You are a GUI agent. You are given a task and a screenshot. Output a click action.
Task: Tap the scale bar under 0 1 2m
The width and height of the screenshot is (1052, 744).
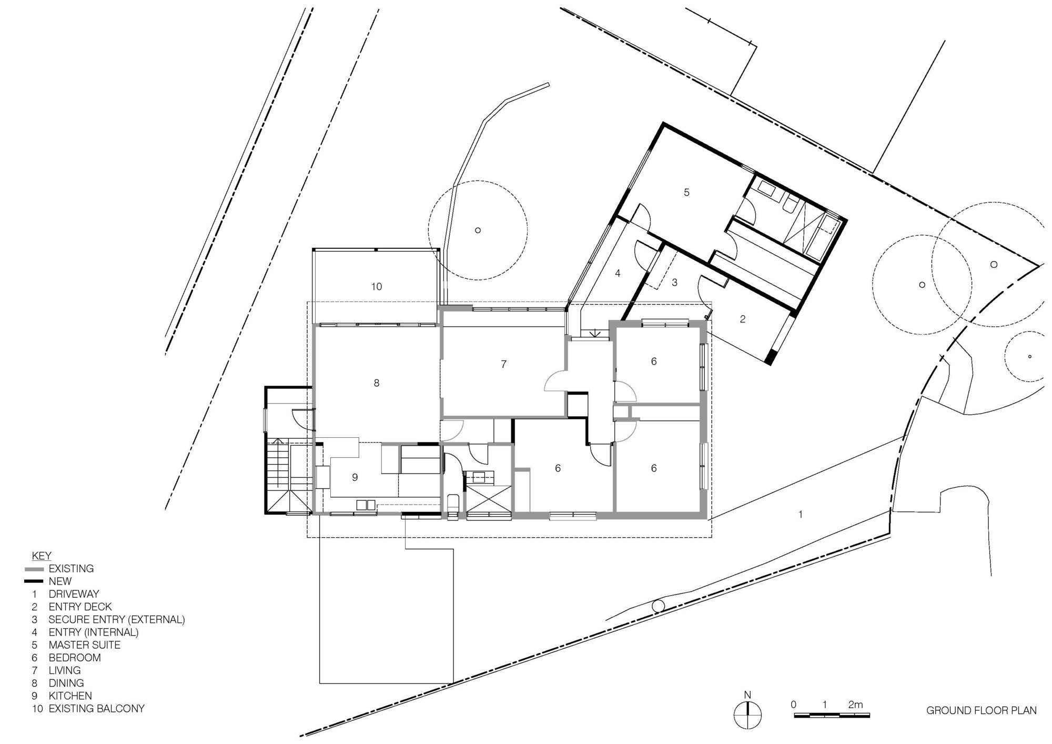[x=832, y=716]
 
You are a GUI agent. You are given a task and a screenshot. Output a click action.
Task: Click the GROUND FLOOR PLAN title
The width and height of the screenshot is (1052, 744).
[x=981, y=710]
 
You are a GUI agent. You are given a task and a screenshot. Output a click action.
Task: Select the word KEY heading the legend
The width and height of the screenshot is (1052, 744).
[x=42, y=556]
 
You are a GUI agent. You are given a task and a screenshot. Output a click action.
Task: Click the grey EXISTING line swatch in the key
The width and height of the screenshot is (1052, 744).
[x=34, y=569]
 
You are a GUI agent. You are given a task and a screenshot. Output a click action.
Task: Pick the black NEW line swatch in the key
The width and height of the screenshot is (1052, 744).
[x=34, y=581]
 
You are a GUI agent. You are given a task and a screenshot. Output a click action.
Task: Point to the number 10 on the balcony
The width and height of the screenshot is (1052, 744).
[x=377, y=287]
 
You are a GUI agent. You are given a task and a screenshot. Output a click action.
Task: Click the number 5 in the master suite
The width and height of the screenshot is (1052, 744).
[x=686, y=193]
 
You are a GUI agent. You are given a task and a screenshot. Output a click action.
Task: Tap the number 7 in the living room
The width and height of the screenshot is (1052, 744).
[x=504, y=364]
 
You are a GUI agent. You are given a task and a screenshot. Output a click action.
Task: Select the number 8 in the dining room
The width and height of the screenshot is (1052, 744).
[x=377, y=383]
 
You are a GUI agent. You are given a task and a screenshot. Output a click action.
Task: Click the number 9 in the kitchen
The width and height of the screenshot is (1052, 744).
[x=355, y=477]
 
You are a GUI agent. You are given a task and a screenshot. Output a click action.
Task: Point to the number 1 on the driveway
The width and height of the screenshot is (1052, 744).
[x=801, y=514]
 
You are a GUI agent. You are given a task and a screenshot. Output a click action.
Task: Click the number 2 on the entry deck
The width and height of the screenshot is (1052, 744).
[x=743, y=319]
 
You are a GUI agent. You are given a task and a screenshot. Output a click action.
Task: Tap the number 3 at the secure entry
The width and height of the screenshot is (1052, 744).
[x=675, y=283]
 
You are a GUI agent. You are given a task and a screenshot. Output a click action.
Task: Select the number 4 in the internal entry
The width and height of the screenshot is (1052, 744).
[x=618, y=273]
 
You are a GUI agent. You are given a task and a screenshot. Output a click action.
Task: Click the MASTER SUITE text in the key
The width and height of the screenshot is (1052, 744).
[x=84, y=645]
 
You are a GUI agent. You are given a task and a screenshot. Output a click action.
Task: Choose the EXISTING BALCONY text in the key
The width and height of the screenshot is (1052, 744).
[x=96, y=709]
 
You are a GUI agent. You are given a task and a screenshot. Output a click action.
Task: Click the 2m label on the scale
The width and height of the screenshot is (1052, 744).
[x=855, y=705]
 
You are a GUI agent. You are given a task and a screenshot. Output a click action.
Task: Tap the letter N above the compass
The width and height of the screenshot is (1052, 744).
[x=747, y=695]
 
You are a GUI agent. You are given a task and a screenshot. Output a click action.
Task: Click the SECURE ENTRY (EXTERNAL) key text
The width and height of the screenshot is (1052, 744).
[x=116, y=620]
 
